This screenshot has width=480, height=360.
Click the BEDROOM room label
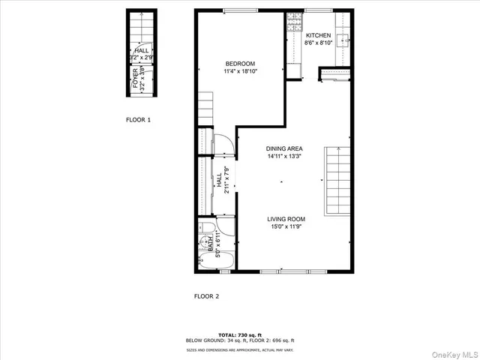click(240, 63)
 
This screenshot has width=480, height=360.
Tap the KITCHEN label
click(318, 35)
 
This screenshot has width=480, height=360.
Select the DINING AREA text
click(284, 148)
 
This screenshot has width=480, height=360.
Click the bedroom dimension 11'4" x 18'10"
click(240, 72)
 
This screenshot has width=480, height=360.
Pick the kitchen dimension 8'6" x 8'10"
click(318, 43)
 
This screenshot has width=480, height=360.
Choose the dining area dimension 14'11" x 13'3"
click(284, 157)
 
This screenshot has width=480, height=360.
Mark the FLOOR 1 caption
click(138, 119)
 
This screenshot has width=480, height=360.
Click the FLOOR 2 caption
click(206, 296)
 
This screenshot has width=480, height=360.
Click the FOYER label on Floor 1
click(136, 79)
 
